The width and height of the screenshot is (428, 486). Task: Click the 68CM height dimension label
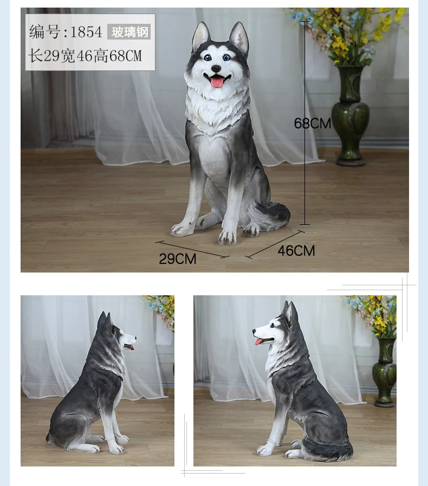tap(313, 124)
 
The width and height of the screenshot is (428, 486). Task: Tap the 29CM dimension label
tap(178, 259)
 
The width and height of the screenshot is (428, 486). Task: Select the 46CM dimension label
tap(296, 251)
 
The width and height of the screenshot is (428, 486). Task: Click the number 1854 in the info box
tap(87, 32)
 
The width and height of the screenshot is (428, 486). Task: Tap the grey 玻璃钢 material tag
tap(129, 31)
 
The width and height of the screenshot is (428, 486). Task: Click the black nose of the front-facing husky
tap(216, 68)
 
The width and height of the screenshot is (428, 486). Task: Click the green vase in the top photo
tap(351, 115)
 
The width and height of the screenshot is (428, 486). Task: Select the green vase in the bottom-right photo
tap(385, 372)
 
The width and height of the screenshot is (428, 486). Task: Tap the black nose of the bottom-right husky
tap(254, 332)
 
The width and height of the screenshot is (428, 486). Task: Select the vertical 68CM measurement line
tap(304, 123)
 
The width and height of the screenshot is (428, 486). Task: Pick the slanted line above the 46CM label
tap(275, 244)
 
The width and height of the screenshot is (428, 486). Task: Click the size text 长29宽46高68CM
tap(85, 56)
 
